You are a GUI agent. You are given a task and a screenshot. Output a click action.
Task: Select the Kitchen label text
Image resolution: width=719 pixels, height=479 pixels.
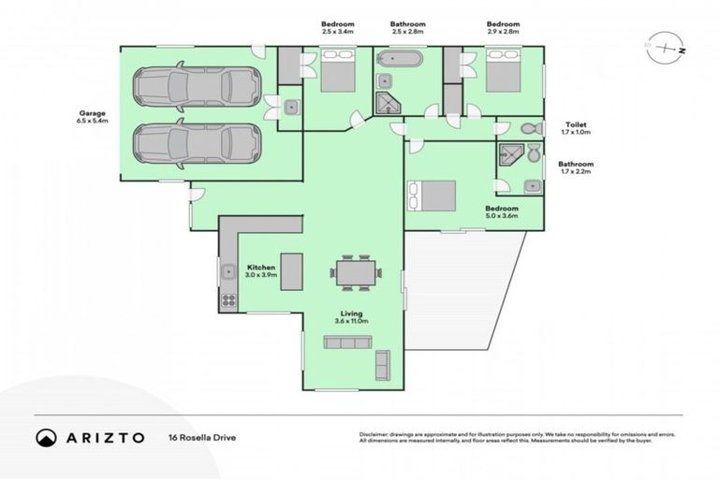click(x=260, y=268)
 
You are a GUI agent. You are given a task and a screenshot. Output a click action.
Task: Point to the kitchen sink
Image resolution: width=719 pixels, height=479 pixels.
click(x=227, y=273)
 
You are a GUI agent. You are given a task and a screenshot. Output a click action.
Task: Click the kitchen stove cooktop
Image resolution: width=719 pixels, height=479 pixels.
click(x=227, y=301)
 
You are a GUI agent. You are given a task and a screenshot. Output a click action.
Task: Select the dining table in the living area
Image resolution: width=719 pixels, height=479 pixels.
click(x=355, y=273)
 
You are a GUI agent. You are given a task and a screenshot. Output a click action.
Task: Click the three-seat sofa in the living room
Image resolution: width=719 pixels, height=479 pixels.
click(x=347, y=342)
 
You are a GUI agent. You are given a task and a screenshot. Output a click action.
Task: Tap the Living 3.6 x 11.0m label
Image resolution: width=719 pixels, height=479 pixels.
click(x=352, y=317)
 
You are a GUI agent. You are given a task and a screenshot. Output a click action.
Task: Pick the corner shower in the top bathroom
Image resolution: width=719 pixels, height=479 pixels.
click(x=386, y=102)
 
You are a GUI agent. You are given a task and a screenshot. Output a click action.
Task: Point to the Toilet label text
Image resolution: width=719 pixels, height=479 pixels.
click(x=575, y=123)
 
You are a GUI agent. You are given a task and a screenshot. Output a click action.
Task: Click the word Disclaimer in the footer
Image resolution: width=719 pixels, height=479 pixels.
click(x=375, y=434)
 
